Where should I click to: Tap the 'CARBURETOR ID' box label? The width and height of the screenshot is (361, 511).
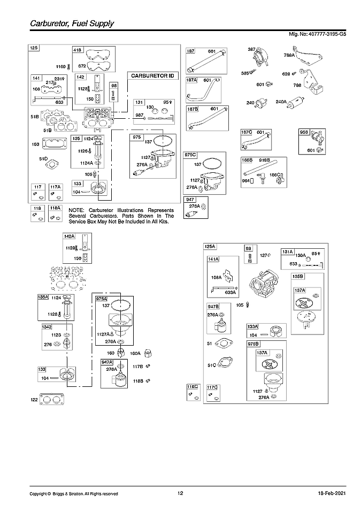152,76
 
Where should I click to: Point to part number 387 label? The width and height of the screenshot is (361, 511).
251,50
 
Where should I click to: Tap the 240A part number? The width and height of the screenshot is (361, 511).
281,102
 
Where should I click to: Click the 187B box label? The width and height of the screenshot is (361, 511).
192,109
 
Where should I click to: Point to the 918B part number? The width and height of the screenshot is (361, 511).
264,160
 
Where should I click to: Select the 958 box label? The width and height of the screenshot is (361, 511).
304,131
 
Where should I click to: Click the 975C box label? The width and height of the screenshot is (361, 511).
191,155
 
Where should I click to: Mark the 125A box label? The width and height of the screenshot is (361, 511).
210,247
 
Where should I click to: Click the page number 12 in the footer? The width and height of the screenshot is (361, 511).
180,493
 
